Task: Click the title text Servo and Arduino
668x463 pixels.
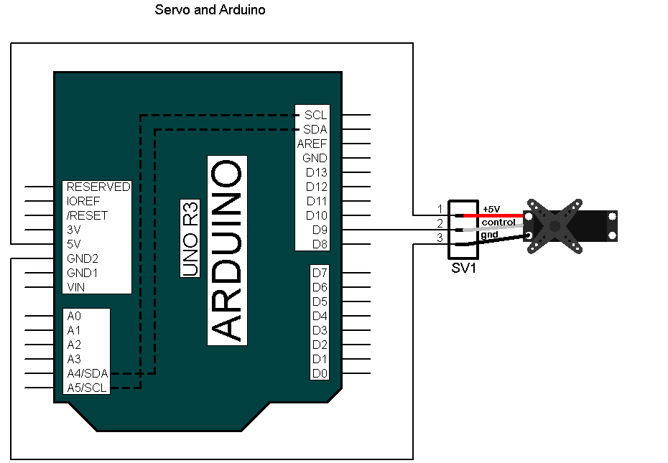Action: (x=210, y=11)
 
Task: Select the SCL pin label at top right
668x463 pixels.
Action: (x=315, y=115)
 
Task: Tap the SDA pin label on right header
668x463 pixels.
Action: (x=315, y=129)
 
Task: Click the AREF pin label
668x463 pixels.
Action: (x=312, y=144)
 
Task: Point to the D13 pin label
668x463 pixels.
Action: (x=316, y=172)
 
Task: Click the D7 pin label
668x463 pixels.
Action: (x=320, y=273)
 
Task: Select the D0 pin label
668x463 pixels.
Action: (x=320, y=373)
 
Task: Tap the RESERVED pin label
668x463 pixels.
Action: (x=98, y=187)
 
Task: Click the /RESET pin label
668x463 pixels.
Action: (x=87, y=215)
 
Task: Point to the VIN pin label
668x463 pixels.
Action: (x=75, y=287)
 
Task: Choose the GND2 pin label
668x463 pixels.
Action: (x=82, y=258)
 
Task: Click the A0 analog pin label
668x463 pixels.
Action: (x=74, y=316)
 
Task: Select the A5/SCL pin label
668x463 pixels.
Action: (x=86, y=388)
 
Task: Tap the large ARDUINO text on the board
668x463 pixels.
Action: (x=228, y=250)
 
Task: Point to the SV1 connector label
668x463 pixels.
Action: (x=463, y=268)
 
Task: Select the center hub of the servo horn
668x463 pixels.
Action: (x=554, y=226)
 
